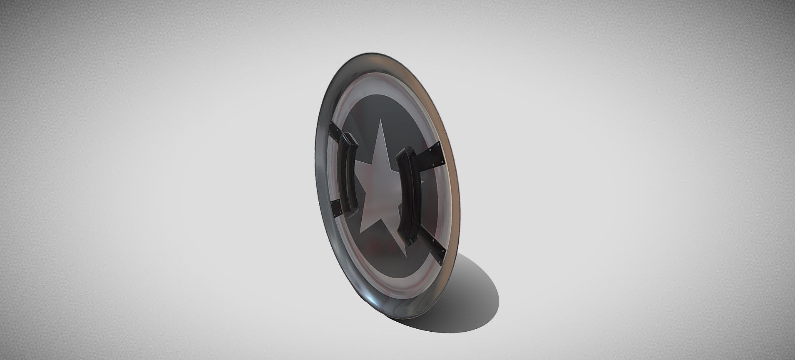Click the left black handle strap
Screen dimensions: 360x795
tap(349, 175)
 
